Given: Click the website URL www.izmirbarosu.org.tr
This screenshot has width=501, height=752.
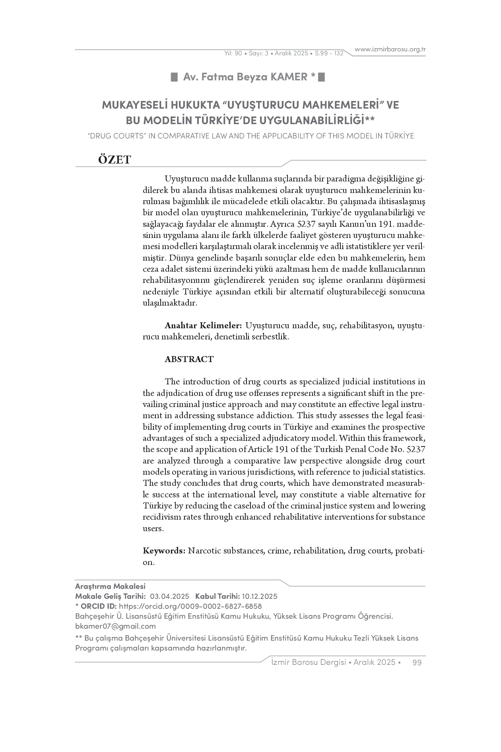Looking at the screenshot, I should (390, 49).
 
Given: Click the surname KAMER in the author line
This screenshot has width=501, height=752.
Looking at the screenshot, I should (289, 77).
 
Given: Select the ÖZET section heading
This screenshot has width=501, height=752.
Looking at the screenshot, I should (115, 160).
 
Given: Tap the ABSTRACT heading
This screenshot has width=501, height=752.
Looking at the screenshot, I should (189, 359).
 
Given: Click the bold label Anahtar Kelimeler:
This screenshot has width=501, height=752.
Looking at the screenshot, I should (203, 325).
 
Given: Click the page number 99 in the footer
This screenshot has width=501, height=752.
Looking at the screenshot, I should (417, 662).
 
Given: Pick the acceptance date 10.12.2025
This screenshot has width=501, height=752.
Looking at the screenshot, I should (260, 596).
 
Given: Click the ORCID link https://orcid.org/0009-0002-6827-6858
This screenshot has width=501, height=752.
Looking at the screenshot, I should (190, 606).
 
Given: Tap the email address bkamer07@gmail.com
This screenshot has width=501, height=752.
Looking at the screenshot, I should (115, 626).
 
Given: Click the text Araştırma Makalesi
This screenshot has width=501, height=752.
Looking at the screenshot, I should (110, 586).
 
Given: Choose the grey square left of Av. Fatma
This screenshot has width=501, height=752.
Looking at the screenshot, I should (174, 77).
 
